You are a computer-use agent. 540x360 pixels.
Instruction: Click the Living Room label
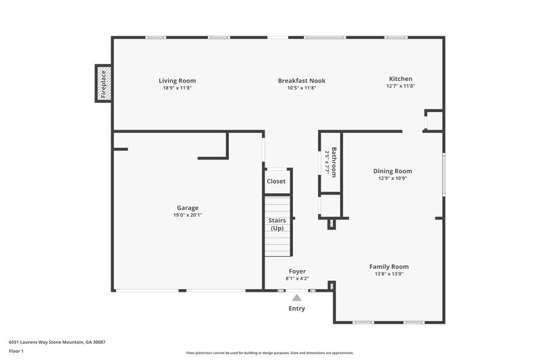(x=178, y=80)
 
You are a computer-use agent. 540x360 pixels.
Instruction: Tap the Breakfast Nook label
(x=301, y=80)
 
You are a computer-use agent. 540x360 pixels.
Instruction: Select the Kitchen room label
(x=400, y=78)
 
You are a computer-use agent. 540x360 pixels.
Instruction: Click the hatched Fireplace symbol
(x=103, y=84)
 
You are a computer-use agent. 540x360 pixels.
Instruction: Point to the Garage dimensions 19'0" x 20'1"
(x=188, y=215)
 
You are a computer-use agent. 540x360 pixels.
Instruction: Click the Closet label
(x=276, y=181)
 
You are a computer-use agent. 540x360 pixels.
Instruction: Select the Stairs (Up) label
(x=277, y=224)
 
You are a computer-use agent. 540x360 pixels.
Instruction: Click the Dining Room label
(x=392, y=171)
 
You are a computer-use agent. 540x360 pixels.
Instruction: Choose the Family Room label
(x=388, y=266)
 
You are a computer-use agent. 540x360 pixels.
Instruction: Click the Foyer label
(x=297, y=271)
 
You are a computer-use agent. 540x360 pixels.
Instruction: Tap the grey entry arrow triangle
(x=296, y=297)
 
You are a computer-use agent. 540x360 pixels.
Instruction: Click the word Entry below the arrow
(x=296, y=309)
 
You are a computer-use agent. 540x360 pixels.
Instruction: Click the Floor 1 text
(x=17, y=351)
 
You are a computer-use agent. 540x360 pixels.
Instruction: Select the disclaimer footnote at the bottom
(x=270, y=353)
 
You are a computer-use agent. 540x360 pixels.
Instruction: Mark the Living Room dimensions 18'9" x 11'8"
(x=178, y=88)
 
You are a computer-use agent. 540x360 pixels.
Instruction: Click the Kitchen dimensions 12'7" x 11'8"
(x=400, y=86)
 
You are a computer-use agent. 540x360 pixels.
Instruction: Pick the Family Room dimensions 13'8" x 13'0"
(x=388, y=274)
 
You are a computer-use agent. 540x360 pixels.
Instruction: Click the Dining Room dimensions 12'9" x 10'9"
(x=392, y=178)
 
